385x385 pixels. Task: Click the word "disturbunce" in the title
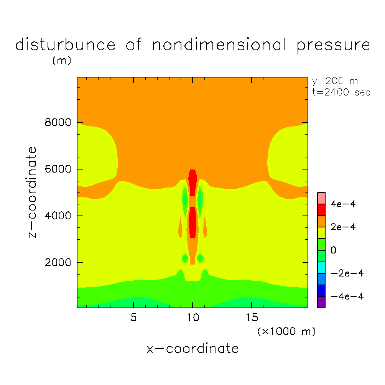(x=65, y=45)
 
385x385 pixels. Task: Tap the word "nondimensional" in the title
(x=219, y=45)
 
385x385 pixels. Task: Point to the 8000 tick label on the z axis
(x=56, y=123)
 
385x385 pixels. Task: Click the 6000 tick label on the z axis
(x=56, y=169)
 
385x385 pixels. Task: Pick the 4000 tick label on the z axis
(x=56, y=216)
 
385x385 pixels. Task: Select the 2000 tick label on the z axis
(x=56, y=263)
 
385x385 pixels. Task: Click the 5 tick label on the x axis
(x=133, y=318)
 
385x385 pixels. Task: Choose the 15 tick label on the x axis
(x=252, y=318)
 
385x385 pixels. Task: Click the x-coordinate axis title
(x=192, y=349)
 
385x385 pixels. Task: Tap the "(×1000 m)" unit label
(x=286, y=331)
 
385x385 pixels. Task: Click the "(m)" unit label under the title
(x=61, y=61)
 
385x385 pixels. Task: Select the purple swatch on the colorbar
(x=321, y=302)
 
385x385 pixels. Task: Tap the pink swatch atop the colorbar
(x=321, y=198)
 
